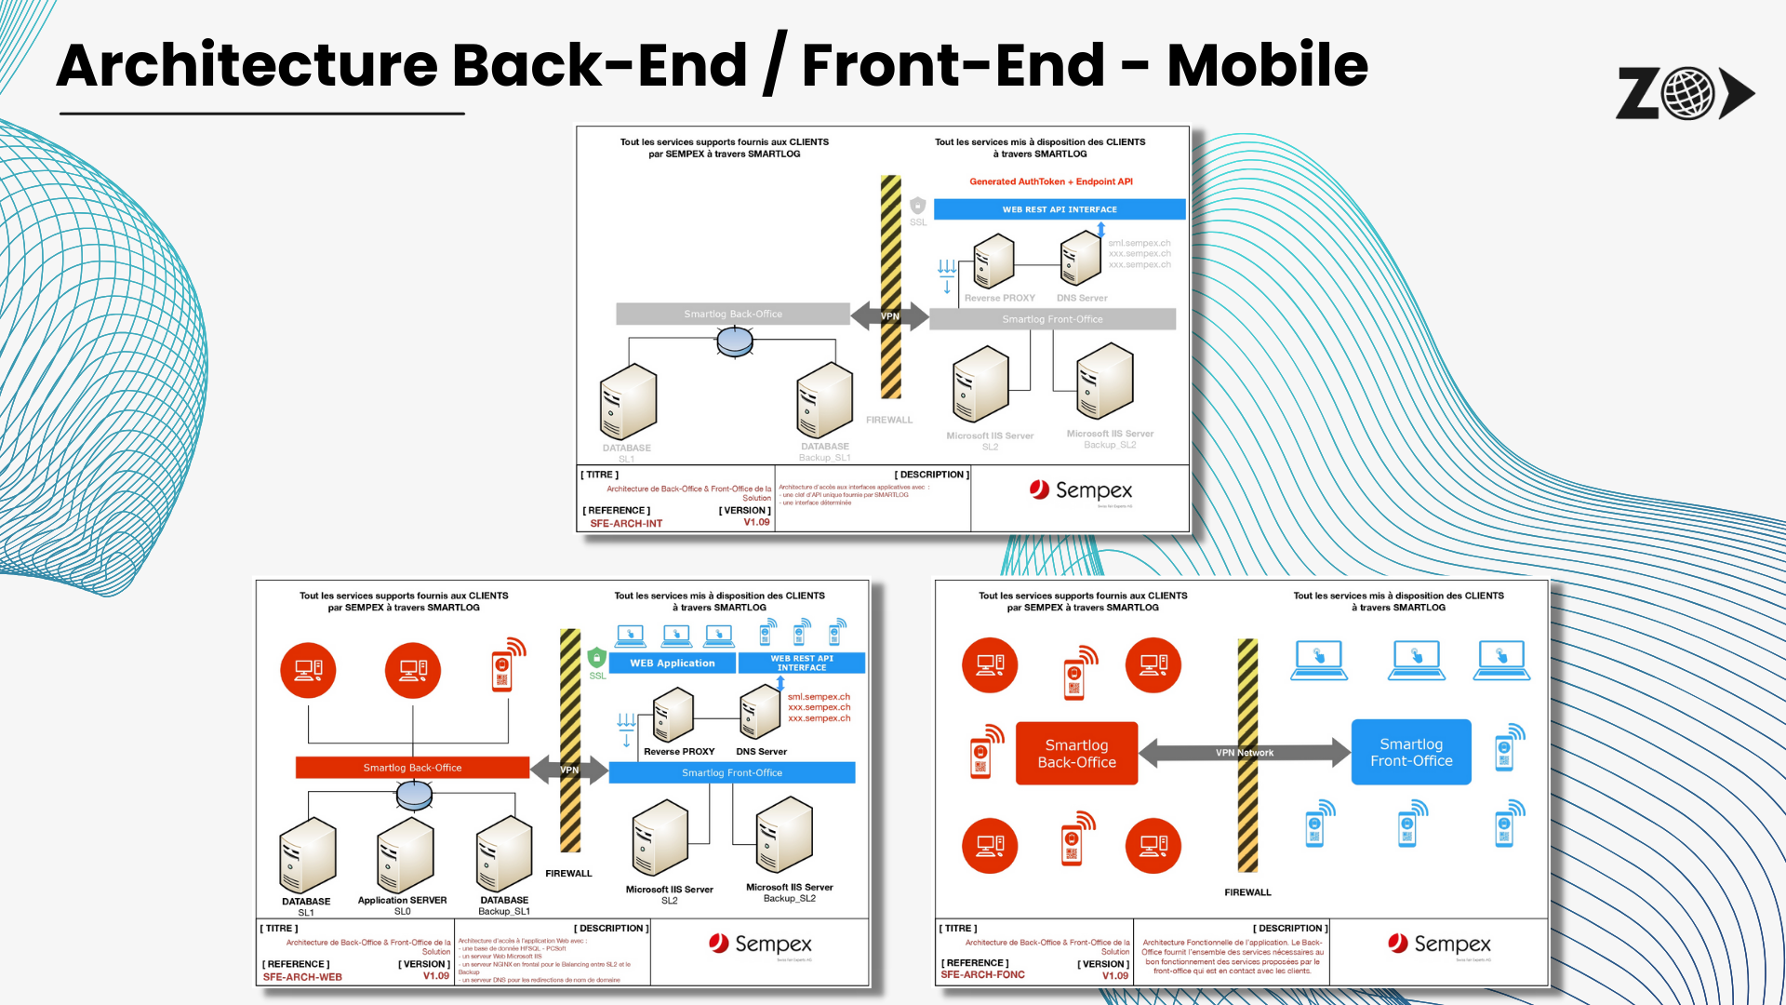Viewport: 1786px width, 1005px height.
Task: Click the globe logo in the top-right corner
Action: click(1687, 93)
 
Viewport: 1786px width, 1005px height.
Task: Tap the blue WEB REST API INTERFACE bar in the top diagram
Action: click(1059, 209)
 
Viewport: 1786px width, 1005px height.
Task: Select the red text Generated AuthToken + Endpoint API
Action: click(1050, 181)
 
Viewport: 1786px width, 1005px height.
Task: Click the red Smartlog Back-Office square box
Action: click(1076, 753)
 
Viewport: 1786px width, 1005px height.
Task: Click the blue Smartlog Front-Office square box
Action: click(1410, 752)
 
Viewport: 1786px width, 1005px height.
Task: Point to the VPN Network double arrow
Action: click(1244, 753)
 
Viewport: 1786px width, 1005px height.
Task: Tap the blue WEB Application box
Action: click(672, 663)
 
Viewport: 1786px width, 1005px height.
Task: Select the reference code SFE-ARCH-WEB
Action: click(302, 977)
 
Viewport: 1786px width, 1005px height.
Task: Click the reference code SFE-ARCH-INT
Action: click(626, 523)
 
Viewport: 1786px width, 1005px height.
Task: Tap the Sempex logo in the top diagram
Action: click(1080, 490)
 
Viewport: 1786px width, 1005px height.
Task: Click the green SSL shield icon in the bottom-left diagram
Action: click(596, 658)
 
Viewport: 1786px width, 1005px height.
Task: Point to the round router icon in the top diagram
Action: click(735, 342)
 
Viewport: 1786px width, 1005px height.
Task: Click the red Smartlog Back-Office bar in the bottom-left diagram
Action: click(412, 768)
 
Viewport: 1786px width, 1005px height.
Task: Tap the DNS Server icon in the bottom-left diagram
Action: click(760, 712)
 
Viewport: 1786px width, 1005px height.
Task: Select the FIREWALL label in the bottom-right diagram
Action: click(1246, 892)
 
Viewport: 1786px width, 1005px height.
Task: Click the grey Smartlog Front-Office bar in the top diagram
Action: click(1052, 319)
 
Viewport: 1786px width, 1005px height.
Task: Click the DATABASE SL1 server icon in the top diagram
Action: click(628, 402)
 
